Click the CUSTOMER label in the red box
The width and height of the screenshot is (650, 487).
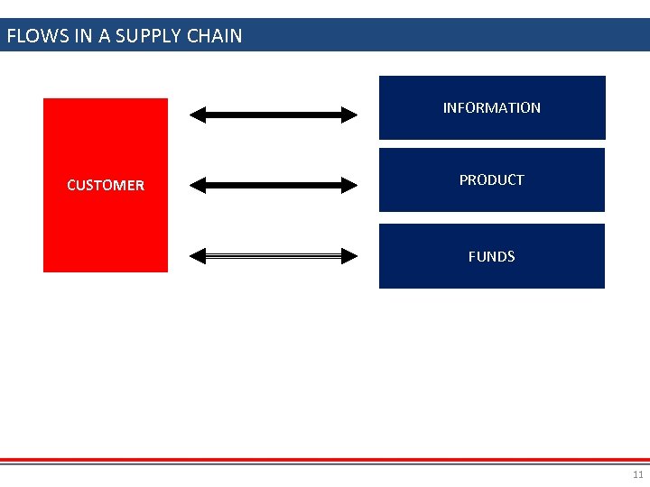click(106, 185)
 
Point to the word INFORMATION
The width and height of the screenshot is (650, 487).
click(491, 107)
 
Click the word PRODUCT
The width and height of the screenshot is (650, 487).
click(491, 179)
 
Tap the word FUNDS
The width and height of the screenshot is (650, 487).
click(491, 256)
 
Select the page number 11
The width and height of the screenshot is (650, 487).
click(638, 474)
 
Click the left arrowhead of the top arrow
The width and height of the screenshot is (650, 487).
click(199, 115)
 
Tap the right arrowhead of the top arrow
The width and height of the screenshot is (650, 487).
click(349, 115)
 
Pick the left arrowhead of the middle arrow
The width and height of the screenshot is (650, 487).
click(199, 186)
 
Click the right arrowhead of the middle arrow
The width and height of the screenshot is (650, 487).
click(349, 186)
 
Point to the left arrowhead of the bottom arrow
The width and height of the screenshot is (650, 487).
click(199, 256)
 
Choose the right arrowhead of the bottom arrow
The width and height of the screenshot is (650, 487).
click(349, 256)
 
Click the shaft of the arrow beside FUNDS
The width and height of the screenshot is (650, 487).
click(274, 256)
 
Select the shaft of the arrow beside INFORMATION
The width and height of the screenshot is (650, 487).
click(274, 115)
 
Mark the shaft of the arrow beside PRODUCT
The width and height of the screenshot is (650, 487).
click(274, 186)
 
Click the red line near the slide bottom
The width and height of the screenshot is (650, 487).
click(325, 459)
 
